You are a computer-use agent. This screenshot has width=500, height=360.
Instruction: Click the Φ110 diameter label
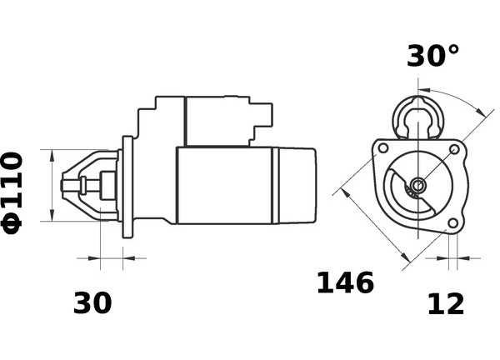coord(12,193)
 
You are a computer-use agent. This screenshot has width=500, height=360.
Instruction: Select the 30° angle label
coord(433,56)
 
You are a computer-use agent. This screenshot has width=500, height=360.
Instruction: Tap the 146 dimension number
coord(345,282)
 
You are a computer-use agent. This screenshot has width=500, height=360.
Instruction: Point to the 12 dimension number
coord(446,304)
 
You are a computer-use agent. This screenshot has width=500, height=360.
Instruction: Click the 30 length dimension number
coord(92,302)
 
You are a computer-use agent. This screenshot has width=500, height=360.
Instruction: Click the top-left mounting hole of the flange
coord(383,148)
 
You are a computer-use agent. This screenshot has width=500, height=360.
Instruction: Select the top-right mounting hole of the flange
coord(454,149)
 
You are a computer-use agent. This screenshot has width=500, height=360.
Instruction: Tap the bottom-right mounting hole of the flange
coord(452,222)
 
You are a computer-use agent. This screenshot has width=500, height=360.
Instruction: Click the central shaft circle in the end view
coord(417,185)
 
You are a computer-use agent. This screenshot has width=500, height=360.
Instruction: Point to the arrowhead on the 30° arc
coord(480,111)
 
